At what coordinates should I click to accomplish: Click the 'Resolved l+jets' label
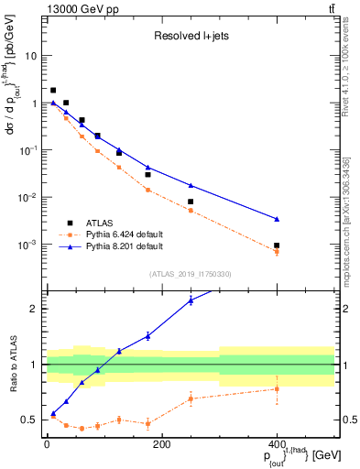click(x=190, y=38)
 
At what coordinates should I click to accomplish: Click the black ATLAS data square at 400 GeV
click(x=277, y=245)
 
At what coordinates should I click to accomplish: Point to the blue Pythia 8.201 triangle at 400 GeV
click(x=277, y=219)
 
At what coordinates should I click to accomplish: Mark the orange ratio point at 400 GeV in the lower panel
click(x=277, y=388)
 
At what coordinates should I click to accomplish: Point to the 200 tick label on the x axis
click(x=162, y=443)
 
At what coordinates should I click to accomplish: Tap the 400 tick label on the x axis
click(x=277, y=443)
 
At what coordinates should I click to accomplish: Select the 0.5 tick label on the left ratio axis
click(x=28, y=420)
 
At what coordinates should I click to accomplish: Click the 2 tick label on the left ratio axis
click(x=35, y=309)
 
